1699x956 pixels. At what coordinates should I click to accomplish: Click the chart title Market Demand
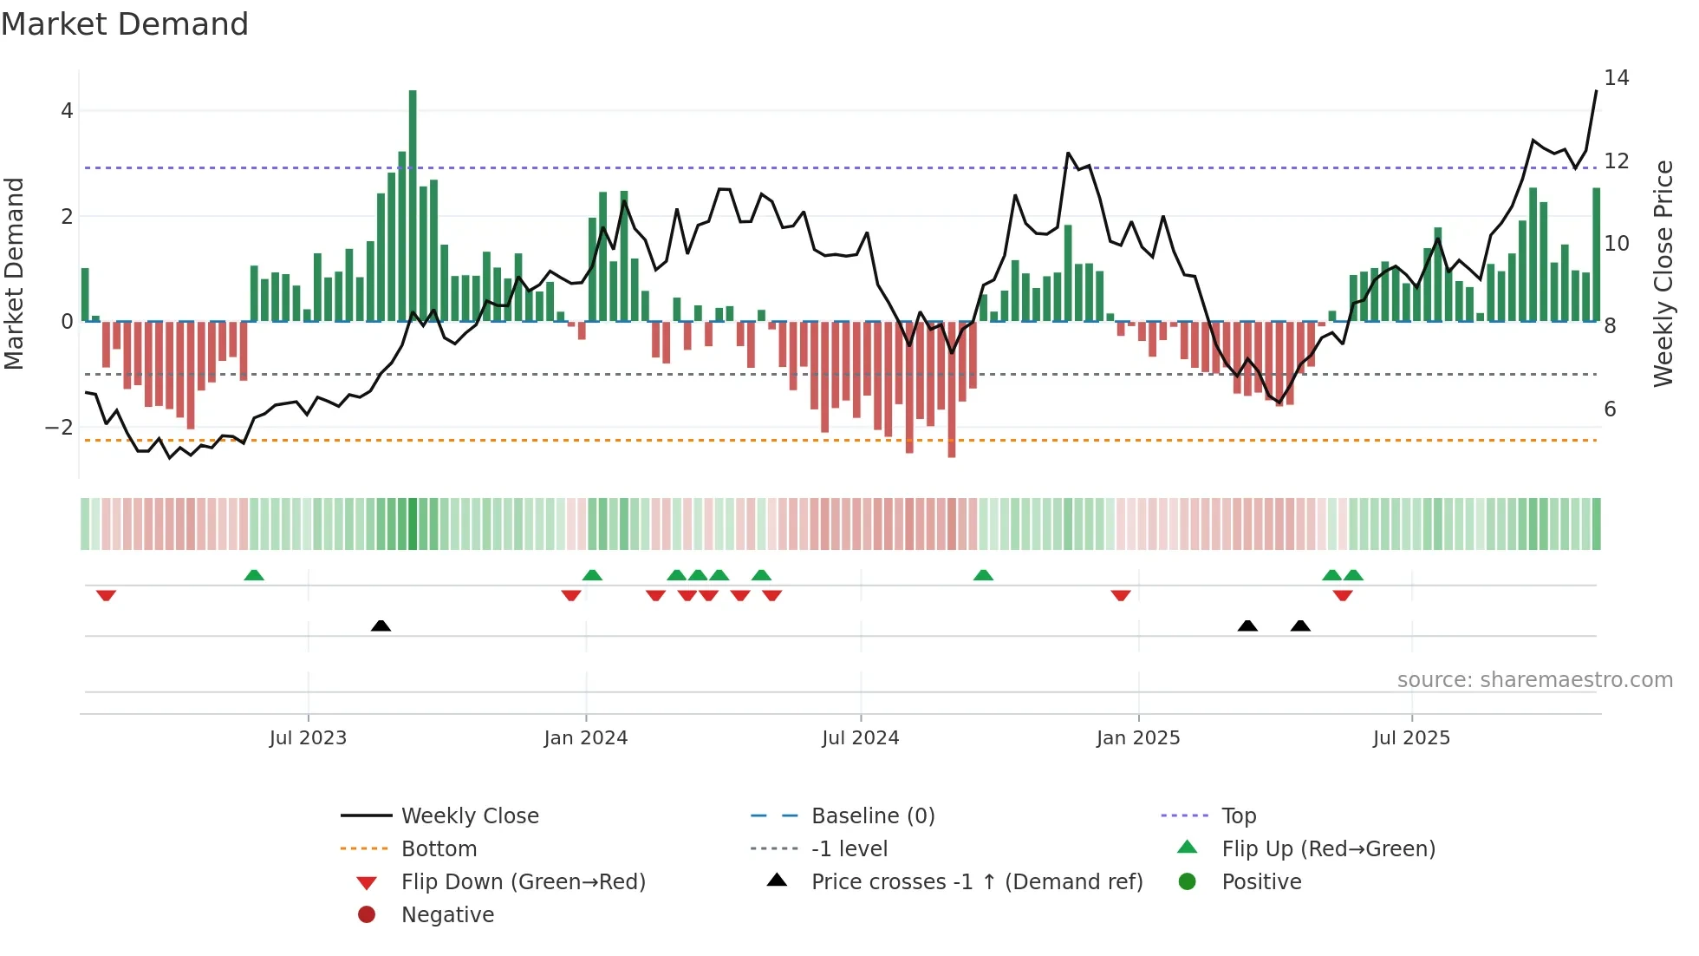pos(125,24)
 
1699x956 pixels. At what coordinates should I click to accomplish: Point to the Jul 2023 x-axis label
pos(308,738)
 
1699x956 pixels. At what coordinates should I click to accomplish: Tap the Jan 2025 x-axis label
pos(1138,738)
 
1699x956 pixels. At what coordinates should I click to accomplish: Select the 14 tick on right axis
pos(1616,78)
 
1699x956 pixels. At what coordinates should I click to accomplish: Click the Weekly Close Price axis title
pos(1663,273)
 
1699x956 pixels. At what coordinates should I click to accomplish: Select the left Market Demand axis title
pos(15,273)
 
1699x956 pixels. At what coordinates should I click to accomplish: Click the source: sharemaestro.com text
pos(1534,680)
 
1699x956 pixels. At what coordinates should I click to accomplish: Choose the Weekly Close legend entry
pos(469,816)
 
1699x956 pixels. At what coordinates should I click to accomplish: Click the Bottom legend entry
pos(439,849)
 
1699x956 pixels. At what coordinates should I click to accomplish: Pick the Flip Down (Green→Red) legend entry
pos(523,882)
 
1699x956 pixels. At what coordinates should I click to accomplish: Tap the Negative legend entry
pos(447,915)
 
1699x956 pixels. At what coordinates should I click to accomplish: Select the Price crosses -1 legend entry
pos(976,882)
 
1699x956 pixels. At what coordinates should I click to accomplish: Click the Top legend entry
pos(1239,816)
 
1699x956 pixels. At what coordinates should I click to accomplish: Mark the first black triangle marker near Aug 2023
pos(381,625)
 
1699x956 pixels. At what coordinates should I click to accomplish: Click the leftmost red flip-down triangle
pos(106,595)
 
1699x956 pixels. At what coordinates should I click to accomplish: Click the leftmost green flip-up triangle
pos(254,575)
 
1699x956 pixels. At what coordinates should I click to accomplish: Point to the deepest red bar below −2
pos(952,390)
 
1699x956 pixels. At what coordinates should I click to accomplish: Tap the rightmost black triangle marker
pos(1300,625)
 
